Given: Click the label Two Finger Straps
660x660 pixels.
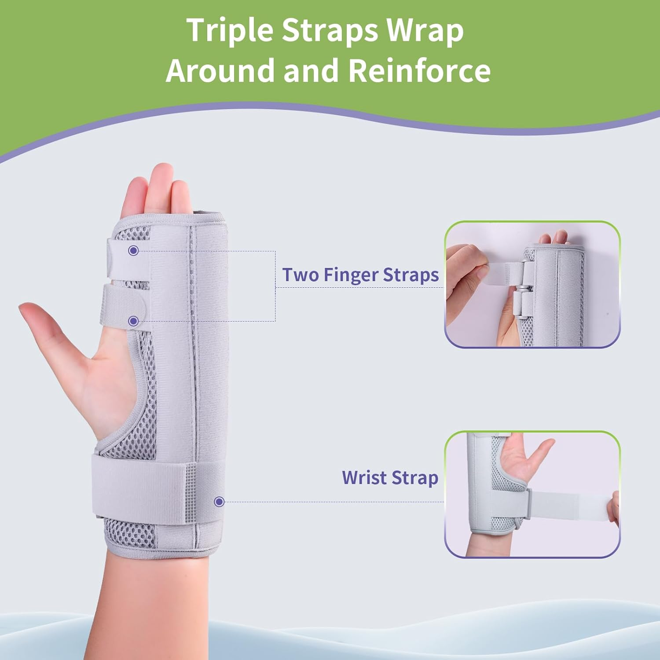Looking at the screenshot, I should (x=360, y=275).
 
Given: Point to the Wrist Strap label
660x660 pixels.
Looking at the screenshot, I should (x=390, y=478).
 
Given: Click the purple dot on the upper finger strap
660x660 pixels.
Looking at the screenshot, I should (x=133, y=251).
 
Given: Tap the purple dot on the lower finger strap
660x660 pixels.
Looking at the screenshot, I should (x=133, y=321).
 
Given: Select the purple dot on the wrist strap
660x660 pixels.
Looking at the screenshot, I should (x=219, y=502).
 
